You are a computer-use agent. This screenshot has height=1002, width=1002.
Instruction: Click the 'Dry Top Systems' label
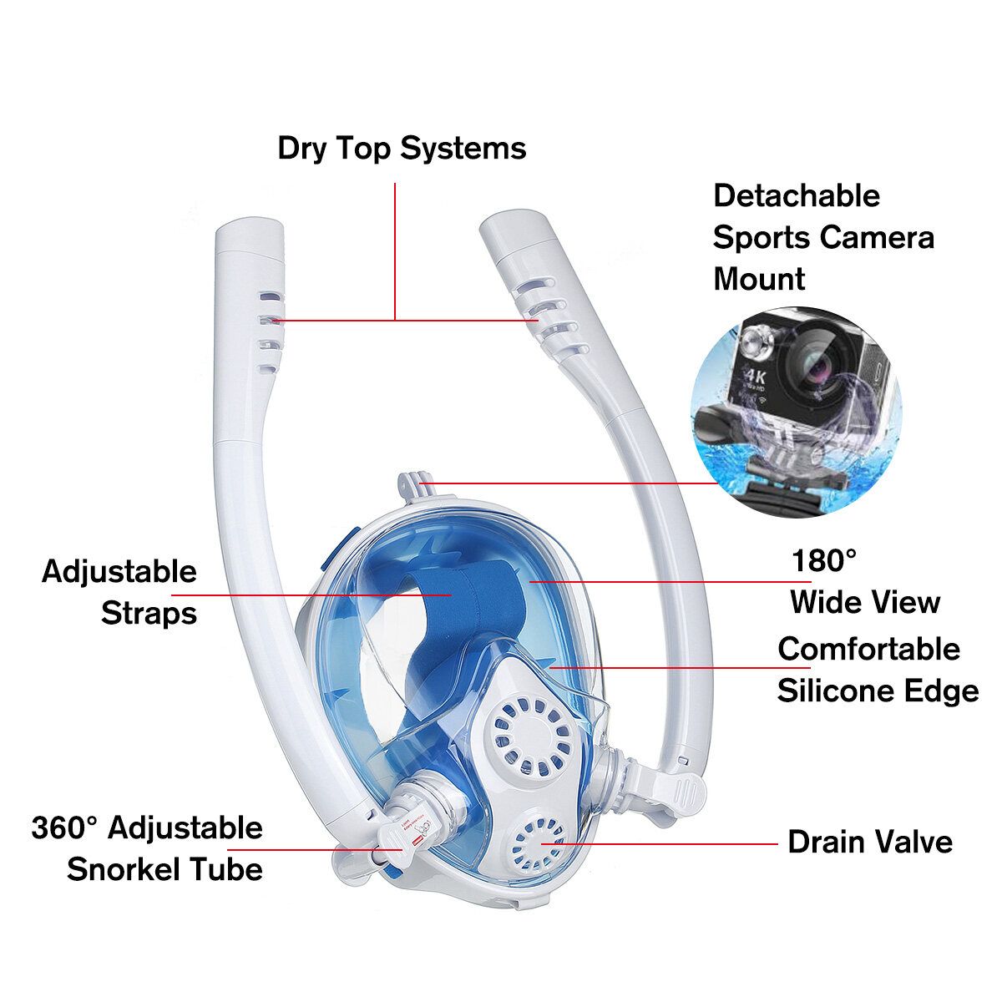[x=402, y=149]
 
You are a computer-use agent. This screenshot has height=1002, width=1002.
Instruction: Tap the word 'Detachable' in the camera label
[x=797, y=196]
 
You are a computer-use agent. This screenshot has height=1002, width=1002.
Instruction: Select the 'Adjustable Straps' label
[x=119, y=592]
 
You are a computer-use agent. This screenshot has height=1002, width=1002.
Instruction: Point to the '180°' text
[x=823, y=561]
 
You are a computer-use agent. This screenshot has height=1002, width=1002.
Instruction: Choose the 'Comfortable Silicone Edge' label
[x=878, y=671]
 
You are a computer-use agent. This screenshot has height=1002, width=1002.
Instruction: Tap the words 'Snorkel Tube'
[x=164, y=869]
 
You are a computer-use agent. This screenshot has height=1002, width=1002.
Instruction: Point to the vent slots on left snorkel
[x=270, y=332]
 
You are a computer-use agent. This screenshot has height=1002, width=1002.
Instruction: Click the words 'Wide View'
[x=865, y=602]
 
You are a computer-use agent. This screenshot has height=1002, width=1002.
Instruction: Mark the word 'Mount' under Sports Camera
[x=759, y=279]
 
